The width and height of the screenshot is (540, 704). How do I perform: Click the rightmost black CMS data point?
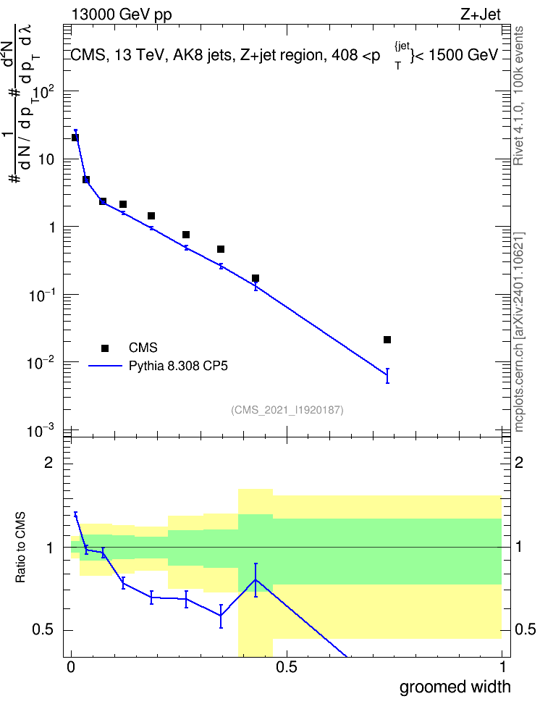point(387,340)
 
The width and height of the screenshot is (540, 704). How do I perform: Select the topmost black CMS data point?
point(75,138)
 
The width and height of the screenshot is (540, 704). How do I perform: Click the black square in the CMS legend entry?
point(105,348)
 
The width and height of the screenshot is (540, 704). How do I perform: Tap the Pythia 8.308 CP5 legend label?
point(178,366)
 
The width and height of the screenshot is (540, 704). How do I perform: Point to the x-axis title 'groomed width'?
point(455,687)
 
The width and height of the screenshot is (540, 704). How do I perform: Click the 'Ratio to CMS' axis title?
point(20,548)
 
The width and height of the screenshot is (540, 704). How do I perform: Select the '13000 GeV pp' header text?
point(122,14)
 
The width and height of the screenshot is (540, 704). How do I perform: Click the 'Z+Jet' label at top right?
point(481,14)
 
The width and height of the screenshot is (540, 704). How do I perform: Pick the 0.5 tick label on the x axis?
point(287,667)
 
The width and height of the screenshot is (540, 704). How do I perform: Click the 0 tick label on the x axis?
point(71,667)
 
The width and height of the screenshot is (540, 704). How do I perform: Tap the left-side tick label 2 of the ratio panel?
point(49,462)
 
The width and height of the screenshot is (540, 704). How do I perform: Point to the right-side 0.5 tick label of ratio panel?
point(525,629)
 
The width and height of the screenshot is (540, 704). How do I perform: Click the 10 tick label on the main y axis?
point(46,159)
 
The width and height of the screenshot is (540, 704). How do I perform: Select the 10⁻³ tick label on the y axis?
point(41,431)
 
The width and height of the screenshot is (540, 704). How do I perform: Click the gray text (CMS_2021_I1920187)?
point(287,410)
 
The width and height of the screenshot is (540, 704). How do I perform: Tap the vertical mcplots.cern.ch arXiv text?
point(519,332)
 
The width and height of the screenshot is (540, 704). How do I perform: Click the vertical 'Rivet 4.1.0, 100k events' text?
point(519,96)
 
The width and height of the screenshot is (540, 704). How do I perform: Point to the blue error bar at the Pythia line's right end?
point(387,376)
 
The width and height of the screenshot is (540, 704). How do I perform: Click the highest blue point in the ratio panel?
point(75,515)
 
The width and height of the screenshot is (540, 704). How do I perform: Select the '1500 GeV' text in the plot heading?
point(463,55)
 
